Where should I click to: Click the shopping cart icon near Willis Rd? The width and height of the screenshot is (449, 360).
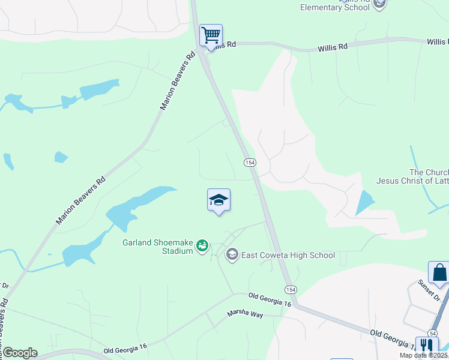(211, 35)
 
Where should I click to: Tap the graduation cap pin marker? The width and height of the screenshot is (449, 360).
(219, 201)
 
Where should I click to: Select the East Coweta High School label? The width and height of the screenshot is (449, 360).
(288, 255)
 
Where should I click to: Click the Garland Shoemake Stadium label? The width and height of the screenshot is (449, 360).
(157, 246)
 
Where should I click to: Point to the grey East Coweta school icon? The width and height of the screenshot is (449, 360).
(232, 255)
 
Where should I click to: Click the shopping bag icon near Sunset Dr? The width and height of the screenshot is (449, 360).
(439, 272)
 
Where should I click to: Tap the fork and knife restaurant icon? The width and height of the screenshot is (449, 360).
(426, 346)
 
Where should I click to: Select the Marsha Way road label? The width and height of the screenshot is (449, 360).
(245, 314)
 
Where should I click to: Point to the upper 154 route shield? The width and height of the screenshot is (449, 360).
(250, 163)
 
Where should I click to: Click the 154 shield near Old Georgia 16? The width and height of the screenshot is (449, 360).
(291, 289)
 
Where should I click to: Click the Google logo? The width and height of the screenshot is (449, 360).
(20, 352)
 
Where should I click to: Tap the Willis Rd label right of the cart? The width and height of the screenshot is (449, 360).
(333, 46)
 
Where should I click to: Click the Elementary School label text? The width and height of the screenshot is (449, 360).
(335, 7)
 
